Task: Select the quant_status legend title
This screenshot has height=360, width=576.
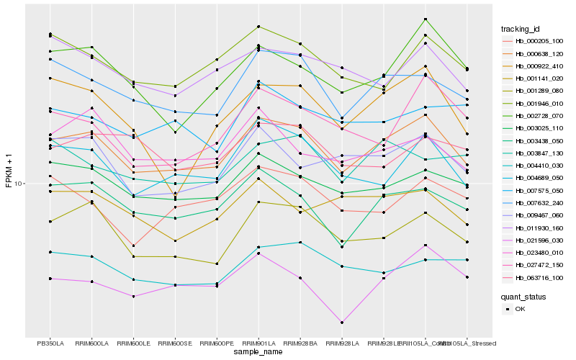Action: tap(523, 296)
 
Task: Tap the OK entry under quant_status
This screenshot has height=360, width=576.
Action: tap(520, 309)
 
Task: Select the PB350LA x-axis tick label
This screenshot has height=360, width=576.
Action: tap(50, 343)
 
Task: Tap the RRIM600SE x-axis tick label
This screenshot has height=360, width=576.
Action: tap(175, 343)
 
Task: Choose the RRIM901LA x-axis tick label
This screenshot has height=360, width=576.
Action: tap(258, 343)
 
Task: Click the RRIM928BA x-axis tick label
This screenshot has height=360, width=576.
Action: tap(300, 343)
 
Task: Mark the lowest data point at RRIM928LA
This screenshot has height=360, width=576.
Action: tap(342, 323)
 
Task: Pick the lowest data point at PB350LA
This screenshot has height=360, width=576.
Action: tap(50, 279)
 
